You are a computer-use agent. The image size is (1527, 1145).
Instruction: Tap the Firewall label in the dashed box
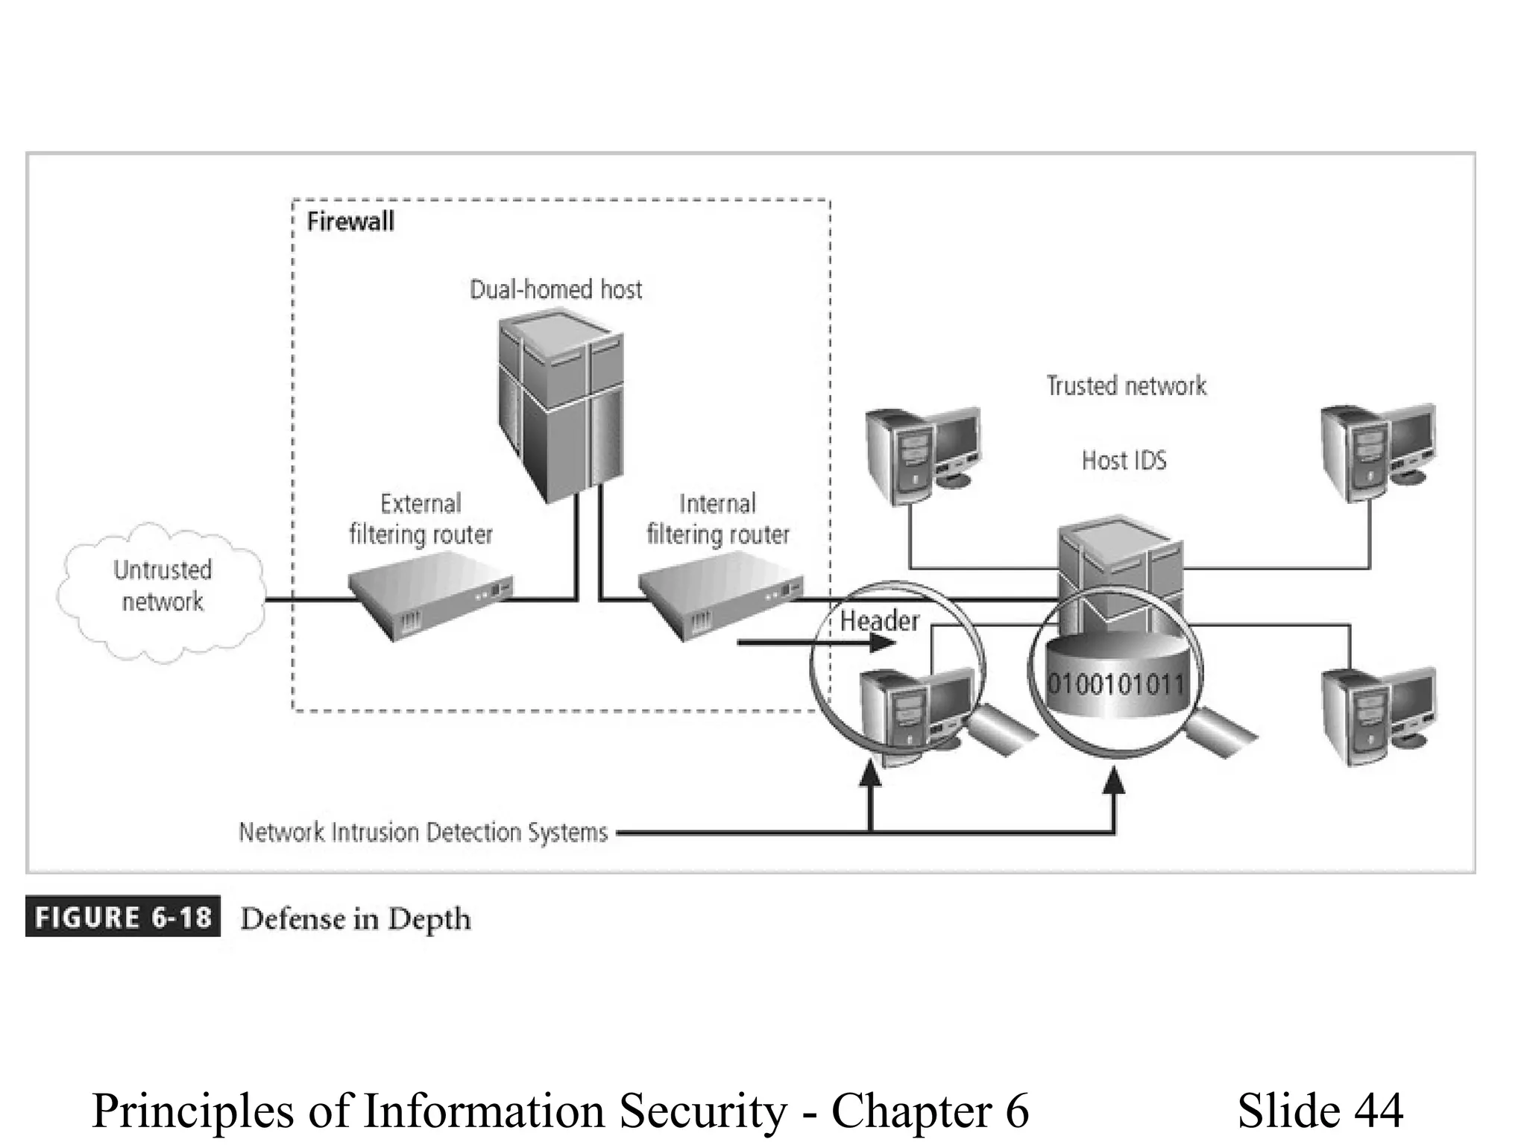click(350, 221)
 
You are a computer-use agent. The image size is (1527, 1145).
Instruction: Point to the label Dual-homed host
click(555, 289)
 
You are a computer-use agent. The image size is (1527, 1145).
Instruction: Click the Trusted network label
click(1126, 386)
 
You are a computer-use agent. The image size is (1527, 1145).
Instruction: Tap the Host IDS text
click(1124, 461)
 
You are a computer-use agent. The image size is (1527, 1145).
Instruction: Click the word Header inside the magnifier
click(879, 621)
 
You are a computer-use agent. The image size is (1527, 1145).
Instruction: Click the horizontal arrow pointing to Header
click(813, 642)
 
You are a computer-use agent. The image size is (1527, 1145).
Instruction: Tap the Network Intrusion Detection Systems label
click(423, 832)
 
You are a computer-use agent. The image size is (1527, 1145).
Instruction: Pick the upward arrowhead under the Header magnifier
click(870, 775)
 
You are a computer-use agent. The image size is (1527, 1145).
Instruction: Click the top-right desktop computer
click(1376, 451)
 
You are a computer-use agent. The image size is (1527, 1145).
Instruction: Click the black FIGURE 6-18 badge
click(123, 917)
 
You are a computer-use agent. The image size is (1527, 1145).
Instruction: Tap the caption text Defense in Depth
click(356, 919)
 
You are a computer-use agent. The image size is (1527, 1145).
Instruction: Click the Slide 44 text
click(1320, 1110)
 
